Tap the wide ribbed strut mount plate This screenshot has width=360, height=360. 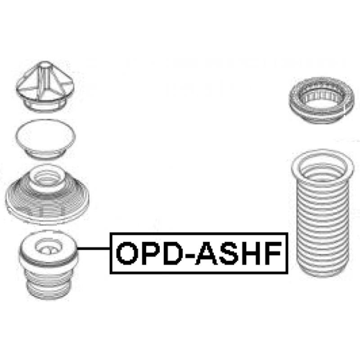click(x=47, y=198)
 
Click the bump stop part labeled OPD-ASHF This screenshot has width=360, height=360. click(x=49, y=270)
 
